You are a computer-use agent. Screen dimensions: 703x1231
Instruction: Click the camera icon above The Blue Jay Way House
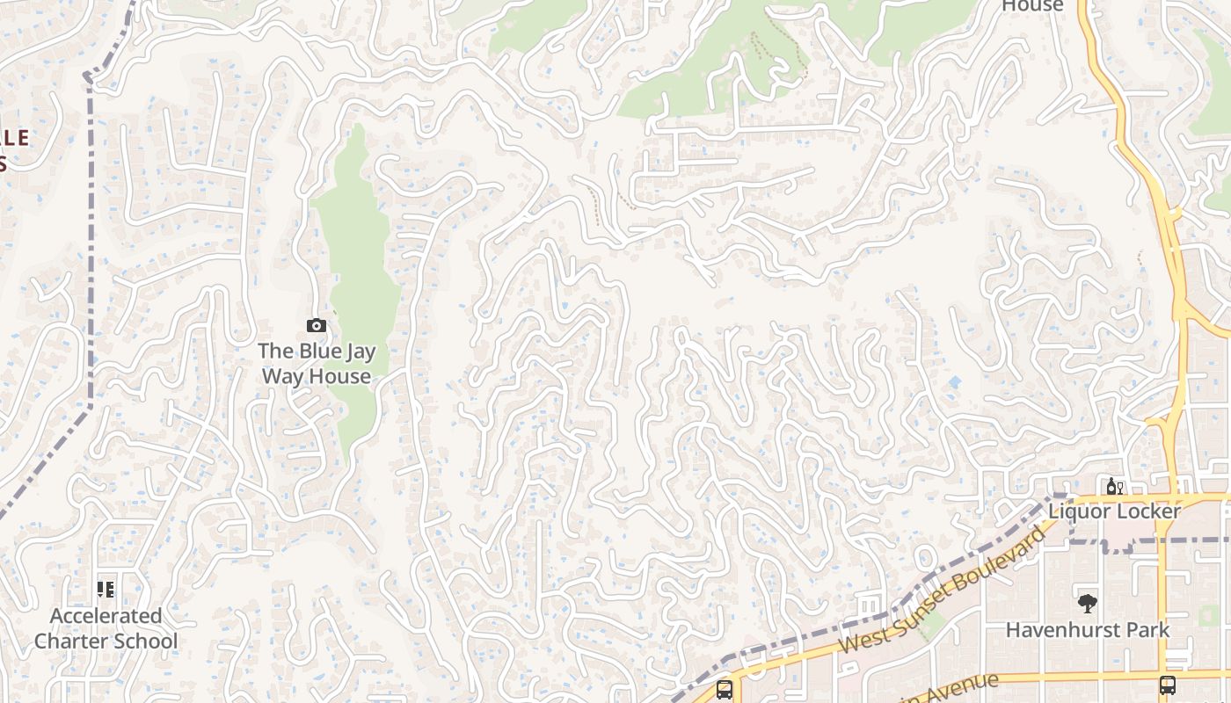tap(317, 326)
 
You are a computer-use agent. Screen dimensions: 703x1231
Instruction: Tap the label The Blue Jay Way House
tap(317, 364)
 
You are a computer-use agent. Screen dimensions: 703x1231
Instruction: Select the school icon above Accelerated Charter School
tap(106, 590)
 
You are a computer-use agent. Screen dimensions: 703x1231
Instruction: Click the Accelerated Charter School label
tap(106, 628)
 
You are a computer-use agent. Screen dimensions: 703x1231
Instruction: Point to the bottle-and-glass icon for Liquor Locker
tap(1114, 486)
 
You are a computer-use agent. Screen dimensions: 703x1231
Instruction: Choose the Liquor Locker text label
tap(1114, 511)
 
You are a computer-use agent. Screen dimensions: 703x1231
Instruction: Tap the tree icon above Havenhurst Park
tap(1088, 604)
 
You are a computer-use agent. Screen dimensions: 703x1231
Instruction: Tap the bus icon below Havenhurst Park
tap(1168, 685)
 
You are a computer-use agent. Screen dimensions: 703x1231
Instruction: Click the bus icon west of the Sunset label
tap(724, 690)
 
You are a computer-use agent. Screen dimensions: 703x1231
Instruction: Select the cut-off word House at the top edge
tap(1033, 6)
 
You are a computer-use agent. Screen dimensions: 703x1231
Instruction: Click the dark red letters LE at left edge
tap(16, 138)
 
